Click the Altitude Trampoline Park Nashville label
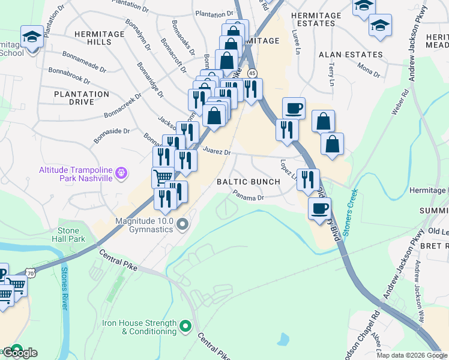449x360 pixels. [76, 174]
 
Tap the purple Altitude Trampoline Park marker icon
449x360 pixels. [122, 174]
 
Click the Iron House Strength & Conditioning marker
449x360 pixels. [185, 327]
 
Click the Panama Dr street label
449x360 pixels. [249, 196]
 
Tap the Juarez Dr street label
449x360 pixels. [217, 152]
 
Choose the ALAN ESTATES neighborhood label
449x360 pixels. [351, 55]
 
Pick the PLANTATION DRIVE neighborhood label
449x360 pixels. [82, 98]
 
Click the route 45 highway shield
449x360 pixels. [253, 73]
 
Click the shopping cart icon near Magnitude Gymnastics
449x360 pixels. [162, 177]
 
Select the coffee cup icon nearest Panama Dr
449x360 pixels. [319, 208]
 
